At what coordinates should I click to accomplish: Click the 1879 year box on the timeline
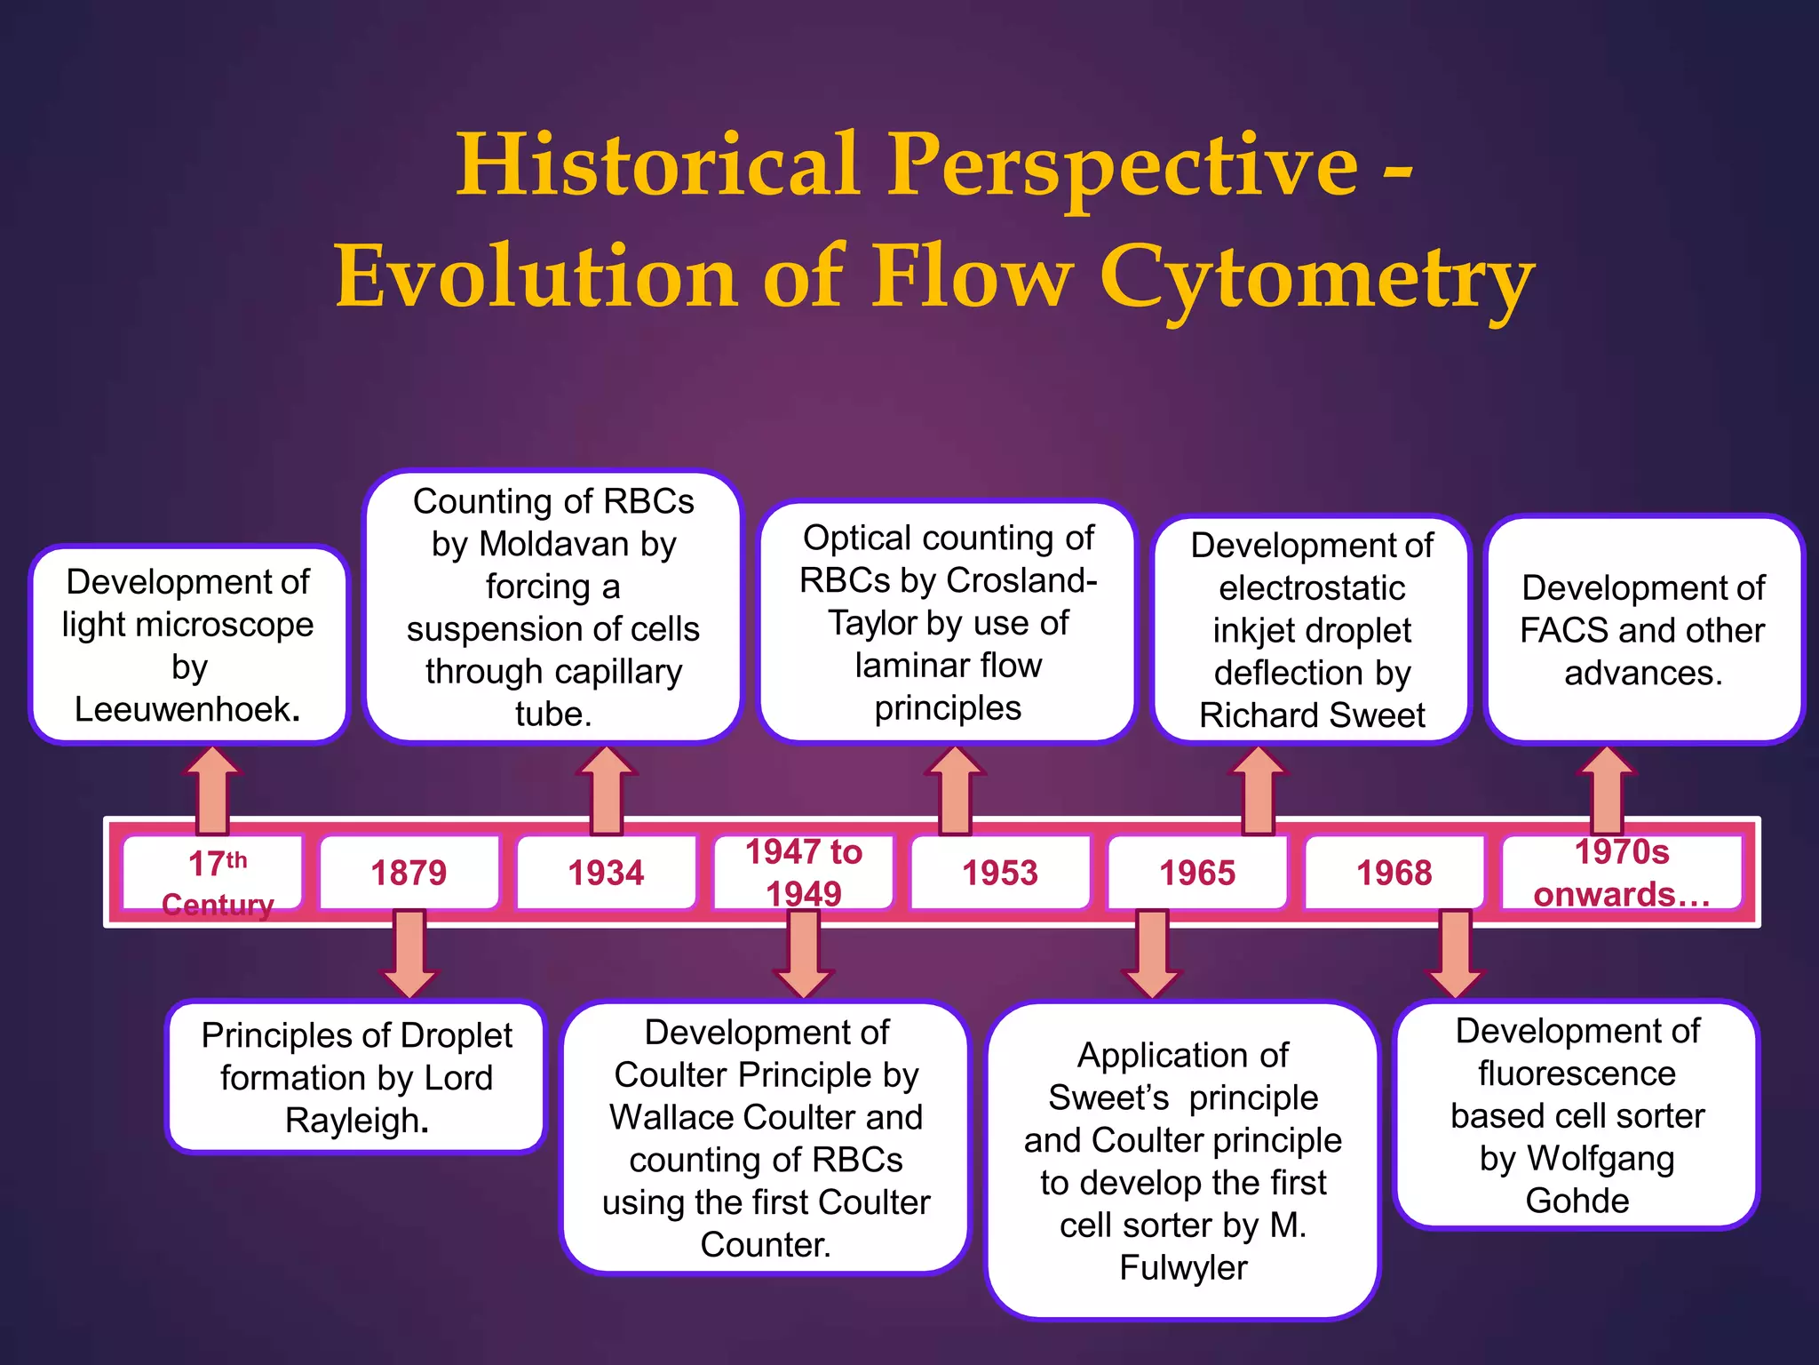[x=409, y=873]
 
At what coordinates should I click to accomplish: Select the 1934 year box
[x=606, y=873]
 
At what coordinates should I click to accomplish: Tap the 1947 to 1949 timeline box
[x=803, y=873]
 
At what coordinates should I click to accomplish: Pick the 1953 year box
[x=1000, y=873]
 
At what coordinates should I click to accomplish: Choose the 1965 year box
[x=1197, y=873]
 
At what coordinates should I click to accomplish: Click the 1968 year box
[x=1394, y=873]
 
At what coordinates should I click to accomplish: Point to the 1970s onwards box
[x=1622, y=873]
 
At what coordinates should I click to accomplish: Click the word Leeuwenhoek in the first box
[x=183, y=709]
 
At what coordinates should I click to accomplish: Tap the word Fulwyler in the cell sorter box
[x=1183, y=1268]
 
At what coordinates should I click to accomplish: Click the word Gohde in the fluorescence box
[x=1577, y=1201]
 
